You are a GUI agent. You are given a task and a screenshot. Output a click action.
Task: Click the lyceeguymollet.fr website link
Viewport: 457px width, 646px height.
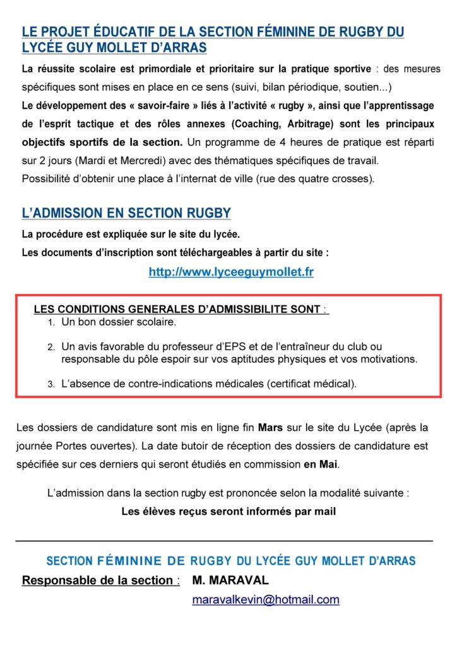pyautogui.click(x=231, y=272)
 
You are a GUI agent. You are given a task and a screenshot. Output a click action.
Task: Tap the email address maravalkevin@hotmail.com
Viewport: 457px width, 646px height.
pyautogui.click(x=266, y=599)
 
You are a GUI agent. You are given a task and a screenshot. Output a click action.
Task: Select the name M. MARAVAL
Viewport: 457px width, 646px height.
pyautogui.click(x=231, y=580)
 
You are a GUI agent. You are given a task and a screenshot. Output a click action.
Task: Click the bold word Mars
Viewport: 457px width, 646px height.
pyautogui.click(x=271, y=427)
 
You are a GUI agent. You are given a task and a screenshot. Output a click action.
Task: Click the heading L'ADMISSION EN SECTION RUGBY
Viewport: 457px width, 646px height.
pyautogui.click(x=126, y=213)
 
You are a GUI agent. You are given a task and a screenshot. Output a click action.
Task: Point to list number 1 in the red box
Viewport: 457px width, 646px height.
pyautogui.click(x=51, y=322)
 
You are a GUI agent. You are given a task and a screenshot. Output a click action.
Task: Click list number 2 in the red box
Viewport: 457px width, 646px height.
pyautogui.click(x=51, y=347)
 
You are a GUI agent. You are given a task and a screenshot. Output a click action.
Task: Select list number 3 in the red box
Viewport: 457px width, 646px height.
pyautogui.click(x=51, y=384)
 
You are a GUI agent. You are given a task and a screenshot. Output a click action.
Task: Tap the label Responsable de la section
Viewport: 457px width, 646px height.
pyautogui.click(x=97, y=580)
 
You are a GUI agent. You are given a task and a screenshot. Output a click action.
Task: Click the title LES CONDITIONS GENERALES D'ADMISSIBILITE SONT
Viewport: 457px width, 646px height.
pyautogui.click(x=177, y=309)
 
